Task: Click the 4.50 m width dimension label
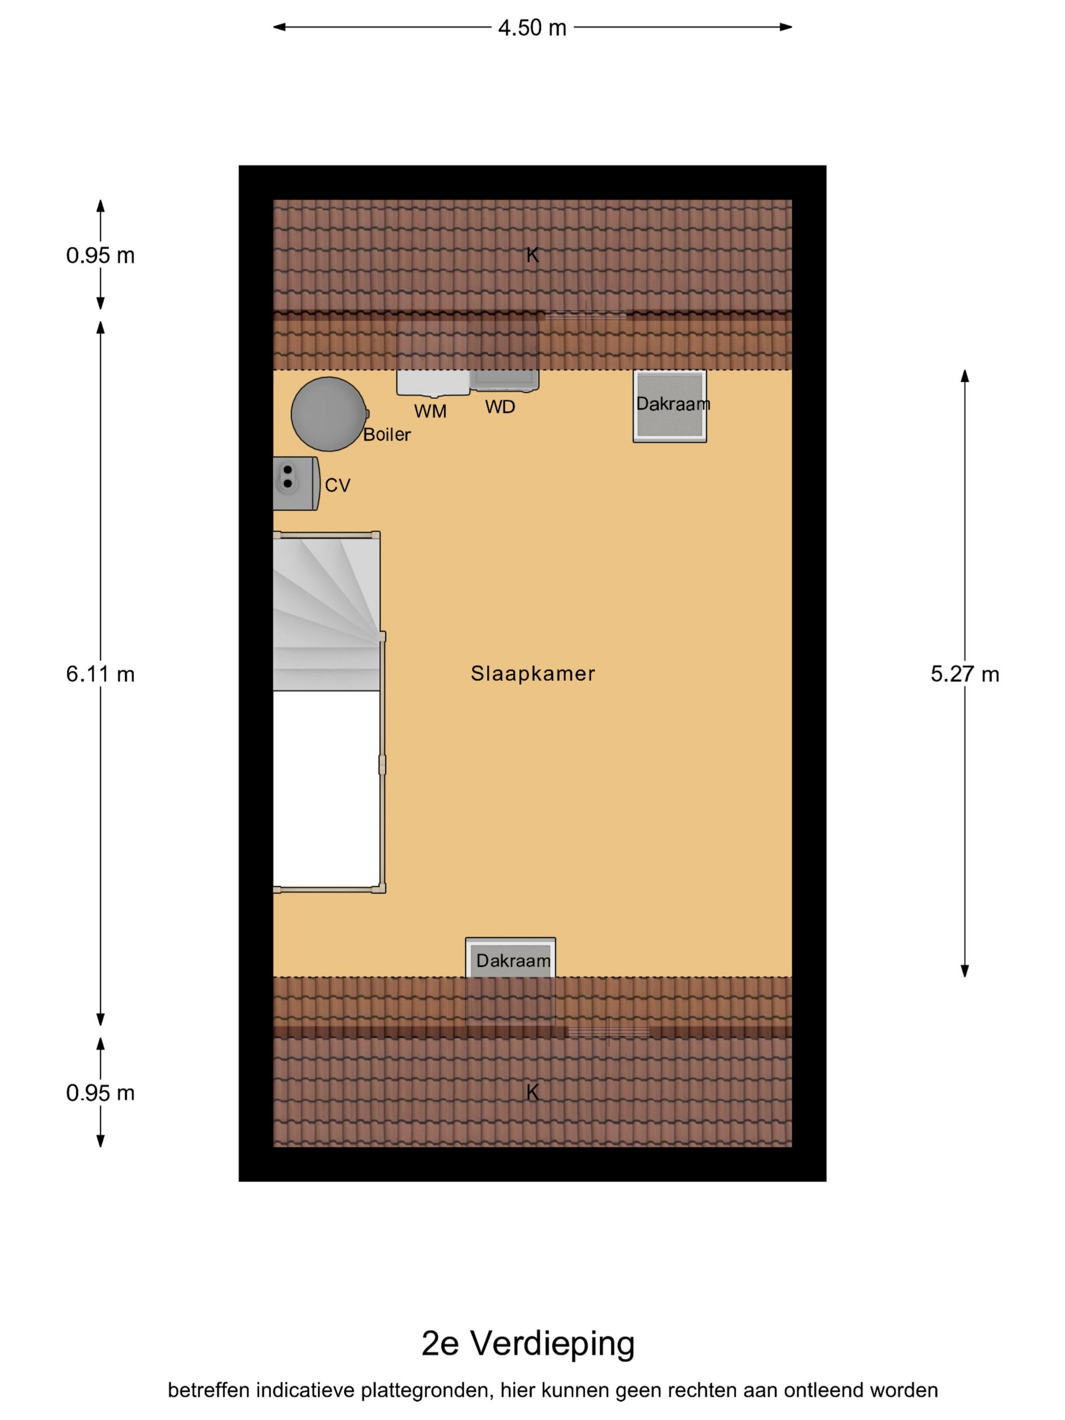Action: point(532,27)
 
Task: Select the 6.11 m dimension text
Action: point(100,674)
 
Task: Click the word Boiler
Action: point(386,435)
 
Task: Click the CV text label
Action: point(338,485)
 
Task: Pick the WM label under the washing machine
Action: point(430,411)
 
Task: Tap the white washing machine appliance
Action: point(433,382)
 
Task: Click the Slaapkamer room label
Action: point(533,673)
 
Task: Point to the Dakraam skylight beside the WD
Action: point(669,406)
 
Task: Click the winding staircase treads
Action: point(327,614)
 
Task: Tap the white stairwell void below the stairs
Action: point(327,789)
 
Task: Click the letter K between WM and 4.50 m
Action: point(532,256)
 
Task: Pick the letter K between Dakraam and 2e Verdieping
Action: point(532,1092)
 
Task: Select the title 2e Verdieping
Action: point(528,1343)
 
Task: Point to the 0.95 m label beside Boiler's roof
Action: point(100,256)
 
